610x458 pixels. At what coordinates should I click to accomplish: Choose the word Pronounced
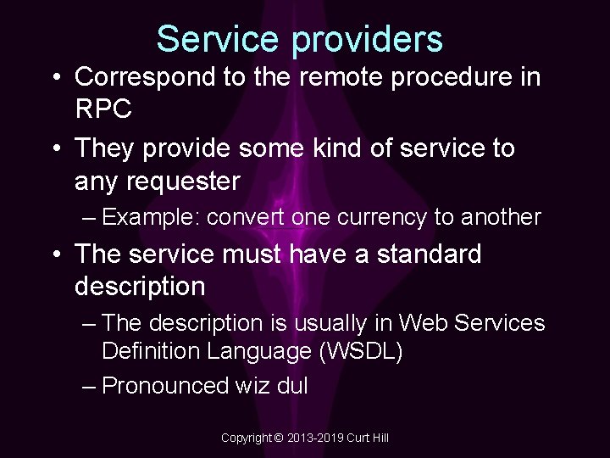pos(164,386)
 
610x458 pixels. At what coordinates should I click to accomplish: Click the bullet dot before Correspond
pos(56,77)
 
